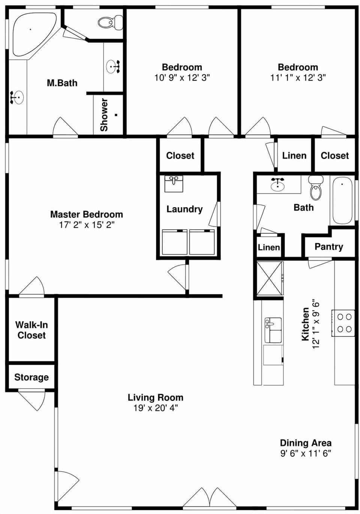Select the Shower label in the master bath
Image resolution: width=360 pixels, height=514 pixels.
104,114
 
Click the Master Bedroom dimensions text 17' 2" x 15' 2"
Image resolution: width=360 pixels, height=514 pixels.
87,225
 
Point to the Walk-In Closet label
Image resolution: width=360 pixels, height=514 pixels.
31,330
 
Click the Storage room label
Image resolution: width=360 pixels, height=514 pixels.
31,377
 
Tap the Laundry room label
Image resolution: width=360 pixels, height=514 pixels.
184,209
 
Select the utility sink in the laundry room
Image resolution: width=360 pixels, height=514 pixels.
174,183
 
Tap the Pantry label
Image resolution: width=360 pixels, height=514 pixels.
328,246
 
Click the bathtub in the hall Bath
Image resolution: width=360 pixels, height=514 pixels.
342,200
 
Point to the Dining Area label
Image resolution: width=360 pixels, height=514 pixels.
306,443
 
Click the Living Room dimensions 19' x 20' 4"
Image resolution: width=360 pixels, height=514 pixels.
155,408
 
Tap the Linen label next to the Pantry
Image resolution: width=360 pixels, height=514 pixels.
269,247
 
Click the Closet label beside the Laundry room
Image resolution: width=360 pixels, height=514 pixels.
180,155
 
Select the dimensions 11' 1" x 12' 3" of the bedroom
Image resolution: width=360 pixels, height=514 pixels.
298,78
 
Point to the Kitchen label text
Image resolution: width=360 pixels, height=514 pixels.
306,324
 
